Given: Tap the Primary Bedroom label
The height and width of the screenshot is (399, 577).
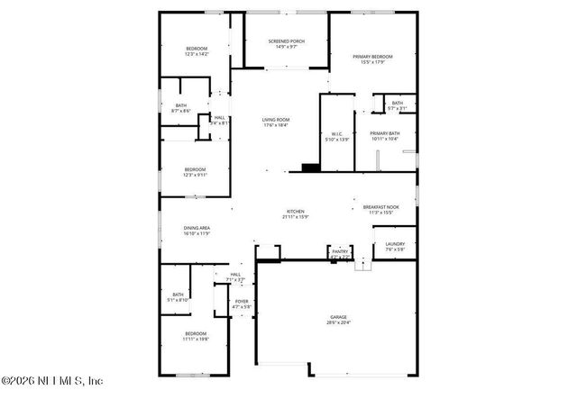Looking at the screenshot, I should coord(372,57).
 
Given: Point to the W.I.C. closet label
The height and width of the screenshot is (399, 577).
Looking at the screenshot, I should coord(335,135).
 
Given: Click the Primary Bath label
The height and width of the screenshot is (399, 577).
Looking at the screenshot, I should coord(384,134).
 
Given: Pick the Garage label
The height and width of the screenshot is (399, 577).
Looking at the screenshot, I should coord(338,318).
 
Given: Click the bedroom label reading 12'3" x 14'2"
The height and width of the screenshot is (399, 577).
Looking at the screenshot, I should coord(197,49).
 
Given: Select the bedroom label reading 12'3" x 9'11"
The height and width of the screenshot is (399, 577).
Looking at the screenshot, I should coord(196,169).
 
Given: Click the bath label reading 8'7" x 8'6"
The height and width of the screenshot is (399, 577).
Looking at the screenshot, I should coord(181,106).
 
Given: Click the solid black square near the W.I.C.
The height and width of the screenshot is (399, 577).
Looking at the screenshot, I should coord(310,167).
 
